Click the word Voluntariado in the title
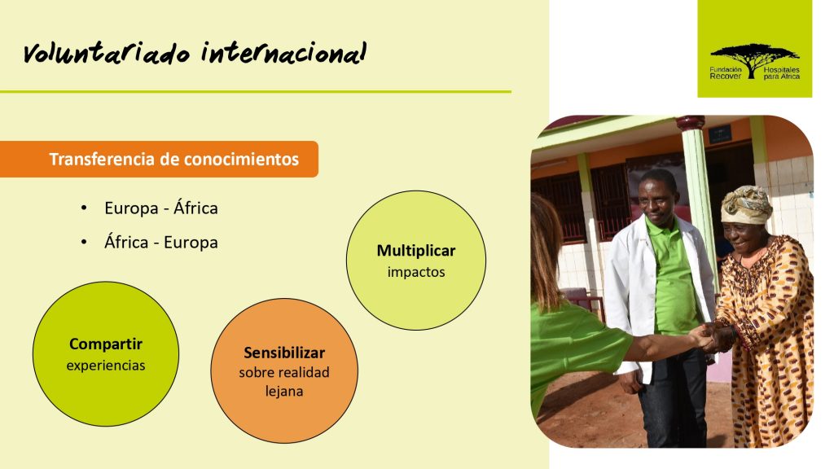tap(107, 53)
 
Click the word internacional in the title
tap(284, 52)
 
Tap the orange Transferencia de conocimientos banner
tap(159, 159)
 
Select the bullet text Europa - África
tap(161, 208)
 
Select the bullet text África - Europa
tap(161, 243)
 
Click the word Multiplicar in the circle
tap(416, 251)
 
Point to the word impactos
tap(416, 272)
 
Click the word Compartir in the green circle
tap(106, 344)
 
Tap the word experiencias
tap(106, 366)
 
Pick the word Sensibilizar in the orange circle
tap(284, 353)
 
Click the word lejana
tap(284, 392)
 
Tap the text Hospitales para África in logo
tap(781, 73)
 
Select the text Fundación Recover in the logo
tap(726, 73)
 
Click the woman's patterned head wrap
tap(746, 204)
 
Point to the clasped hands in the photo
tap(714, 338)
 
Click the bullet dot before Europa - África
tap(84, 208)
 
